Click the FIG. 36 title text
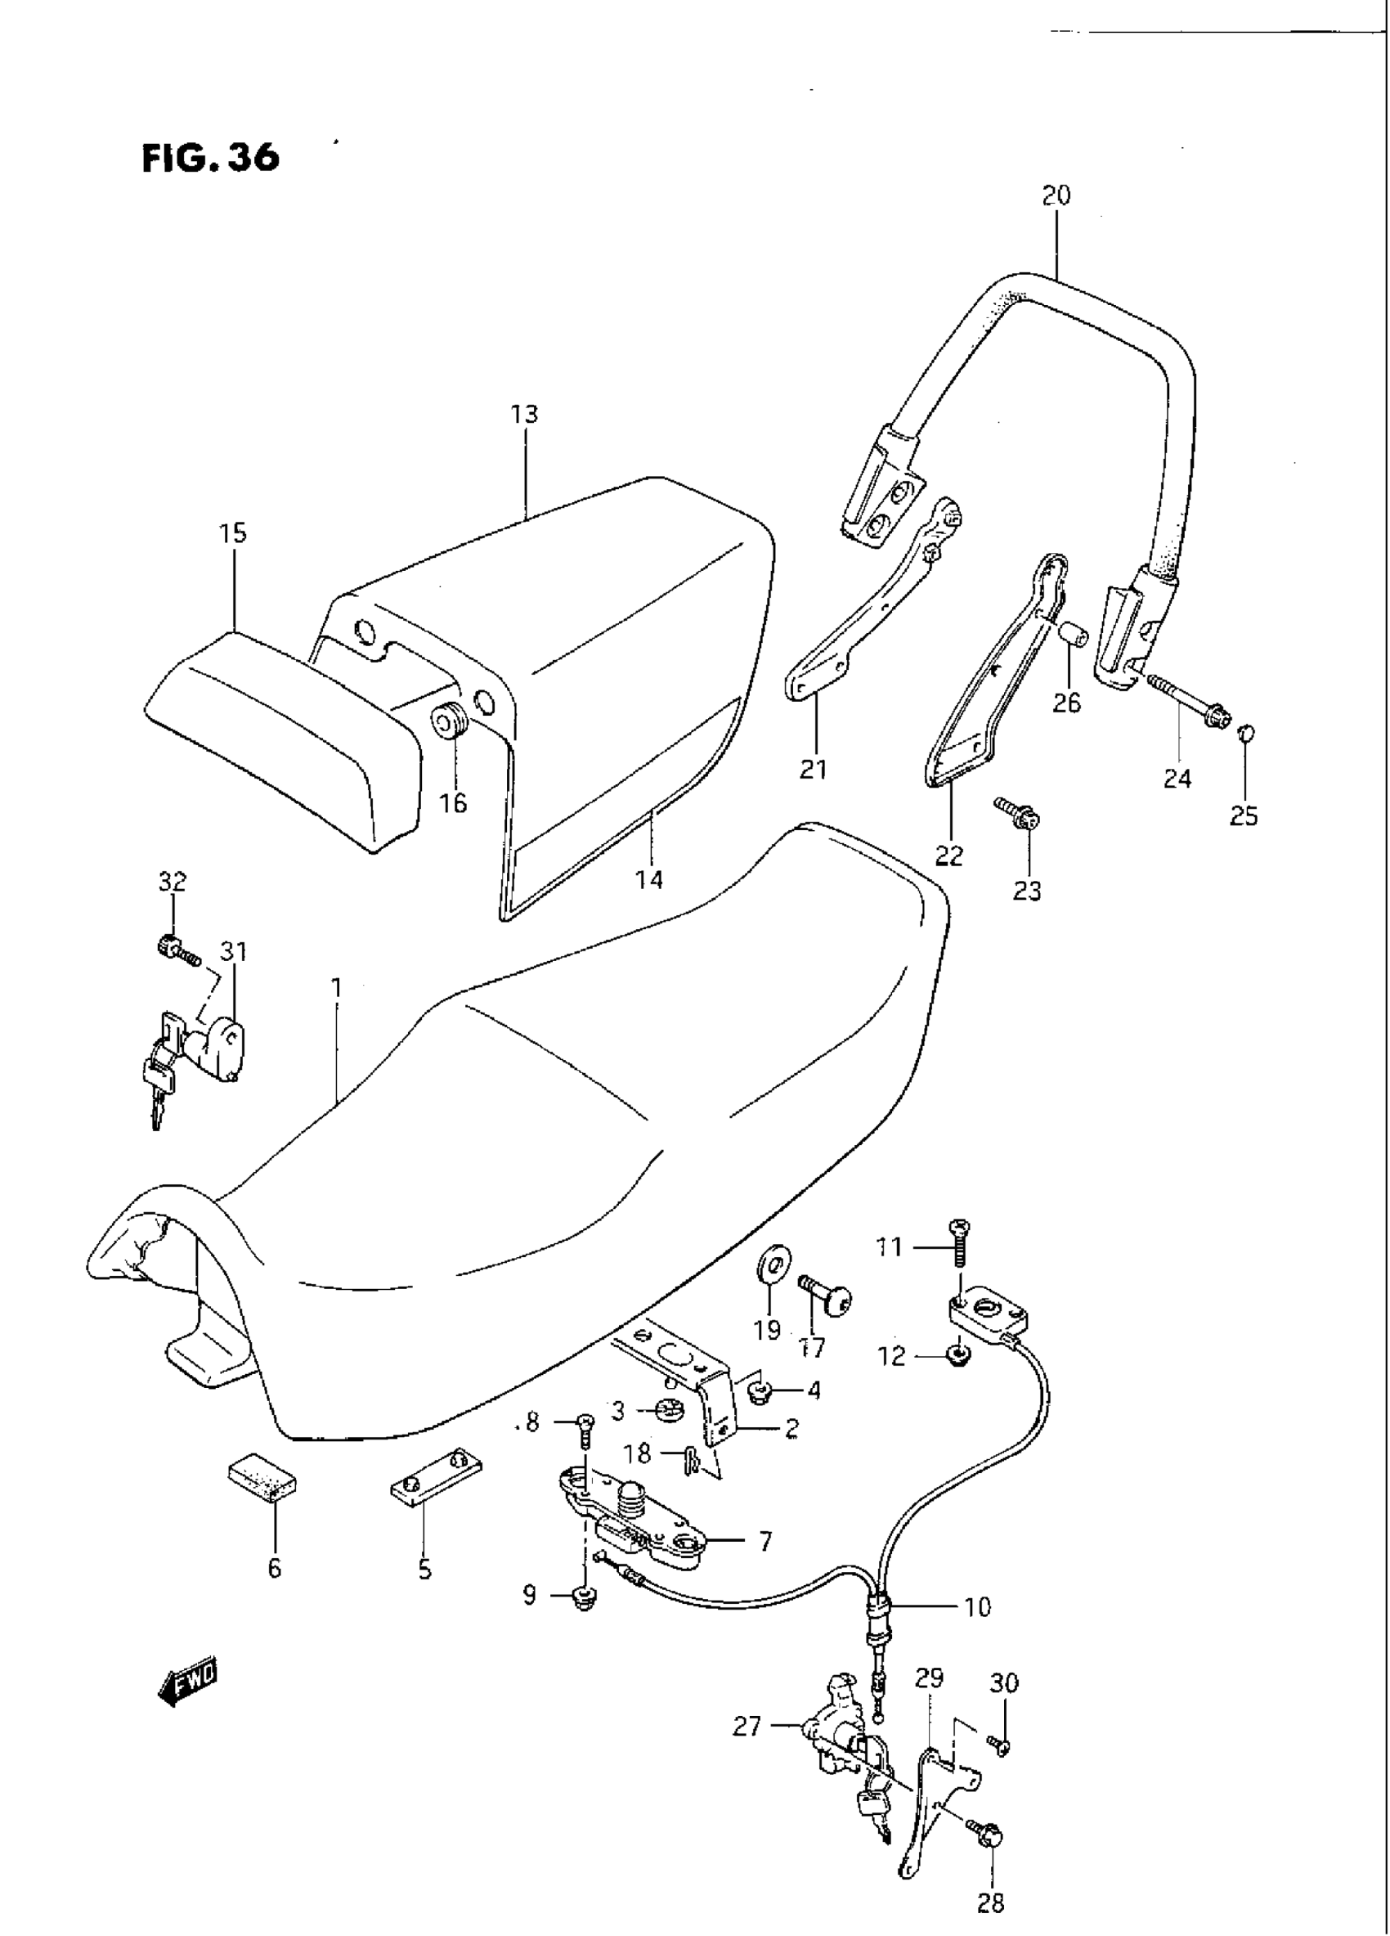click(210, 158)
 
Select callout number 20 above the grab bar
click(1056, 195)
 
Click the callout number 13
click(525, 415)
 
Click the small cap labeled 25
click(1245, 731)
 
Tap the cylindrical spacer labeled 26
click(1071, 633)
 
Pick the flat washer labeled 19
click(773, 1262)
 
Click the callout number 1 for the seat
click(336, 988)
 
